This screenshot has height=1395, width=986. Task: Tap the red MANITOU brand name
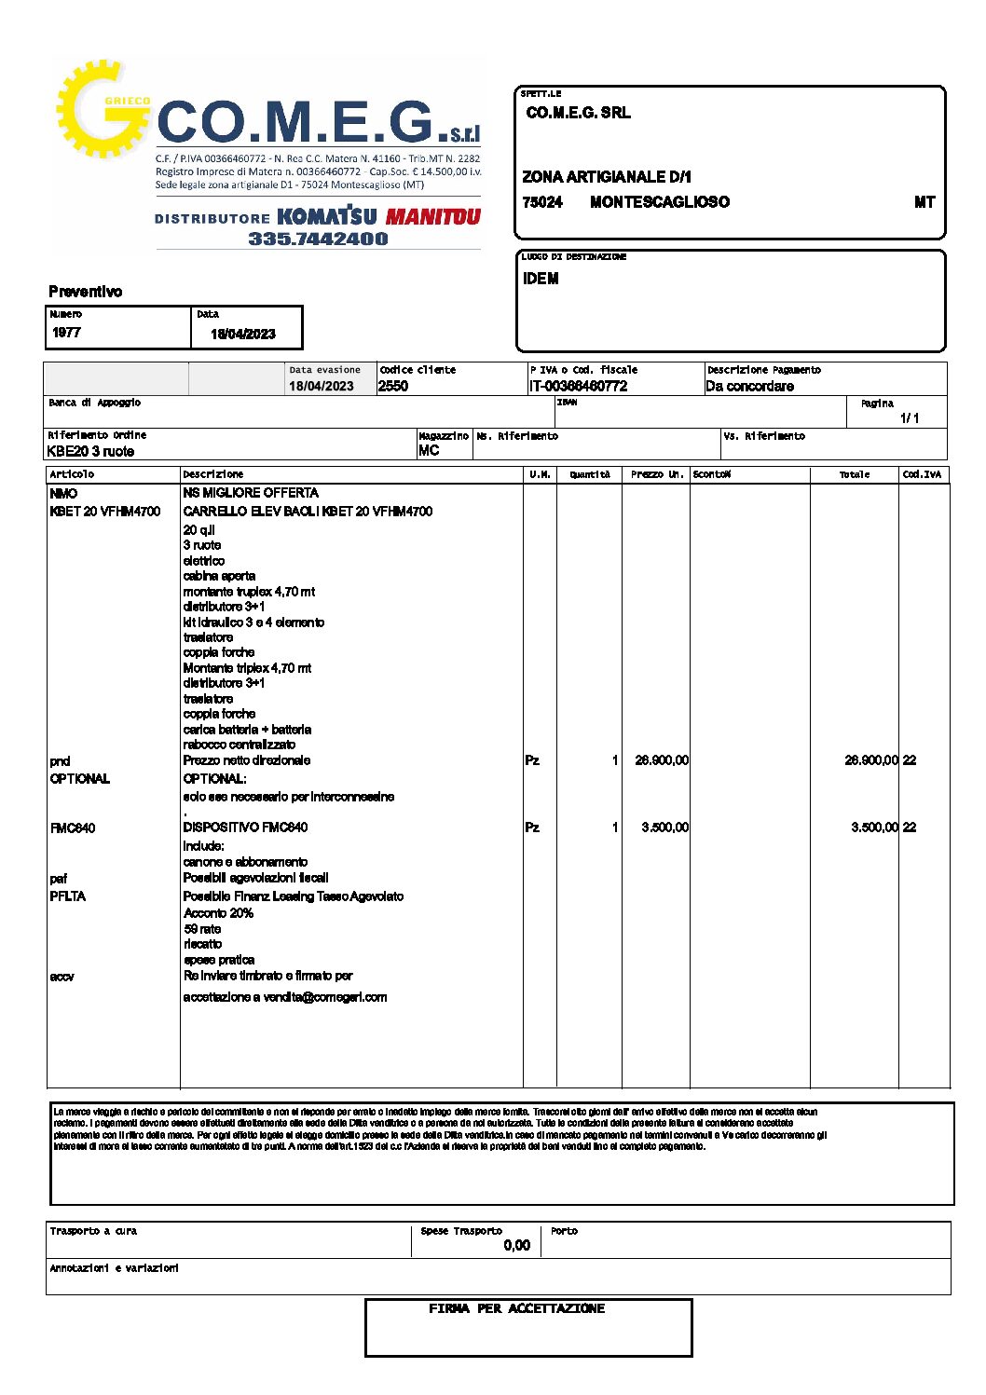(x=433, y=217)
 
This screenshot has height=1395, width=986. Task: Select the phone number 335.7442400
(x=318, y=239)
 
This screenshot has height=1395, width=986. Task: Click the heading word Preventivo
(x=85, y=292)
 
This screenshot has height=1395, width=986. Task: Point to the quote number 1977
(x=66, y=333)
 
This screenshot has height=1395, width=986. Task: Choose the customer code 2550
(x=393, y=386)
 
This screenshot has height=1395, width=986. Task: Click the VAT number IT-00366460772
(x=578, y=386)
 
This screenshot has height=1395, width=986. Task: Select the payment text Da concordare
(x=749, y=386)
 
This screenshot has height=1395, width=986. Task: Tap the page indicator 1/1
(x=910, y=418)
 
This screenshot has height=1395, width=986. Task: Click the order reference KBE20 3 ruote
(x=90, y=451)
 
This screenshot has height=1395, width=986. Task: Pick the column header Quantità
(x=590, y=474)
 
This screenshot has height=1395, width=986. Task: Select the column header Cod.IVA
(x=922, y=474)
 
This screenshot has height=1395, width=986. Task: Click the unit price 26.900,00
(x=662, y=760)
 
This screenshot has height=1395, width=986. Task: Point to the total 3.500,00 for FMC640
(x=874, y=827)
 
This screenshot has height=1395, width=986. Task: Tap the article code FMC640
(x=73, y=827)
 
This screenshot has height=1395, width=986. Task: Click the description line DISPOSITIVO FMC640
(x=245, y=827)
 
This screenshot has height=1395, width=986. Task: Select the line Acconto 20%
(x=218, y=913)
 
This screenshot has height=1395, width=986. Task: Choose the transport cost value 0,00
(x=516, y=1245)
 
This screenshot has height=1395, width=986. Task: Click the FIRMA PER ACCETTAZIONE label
(x=516, y=1308)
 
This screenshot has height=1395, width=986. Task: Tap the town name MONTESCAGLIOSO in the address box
(x=659, y=202)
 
